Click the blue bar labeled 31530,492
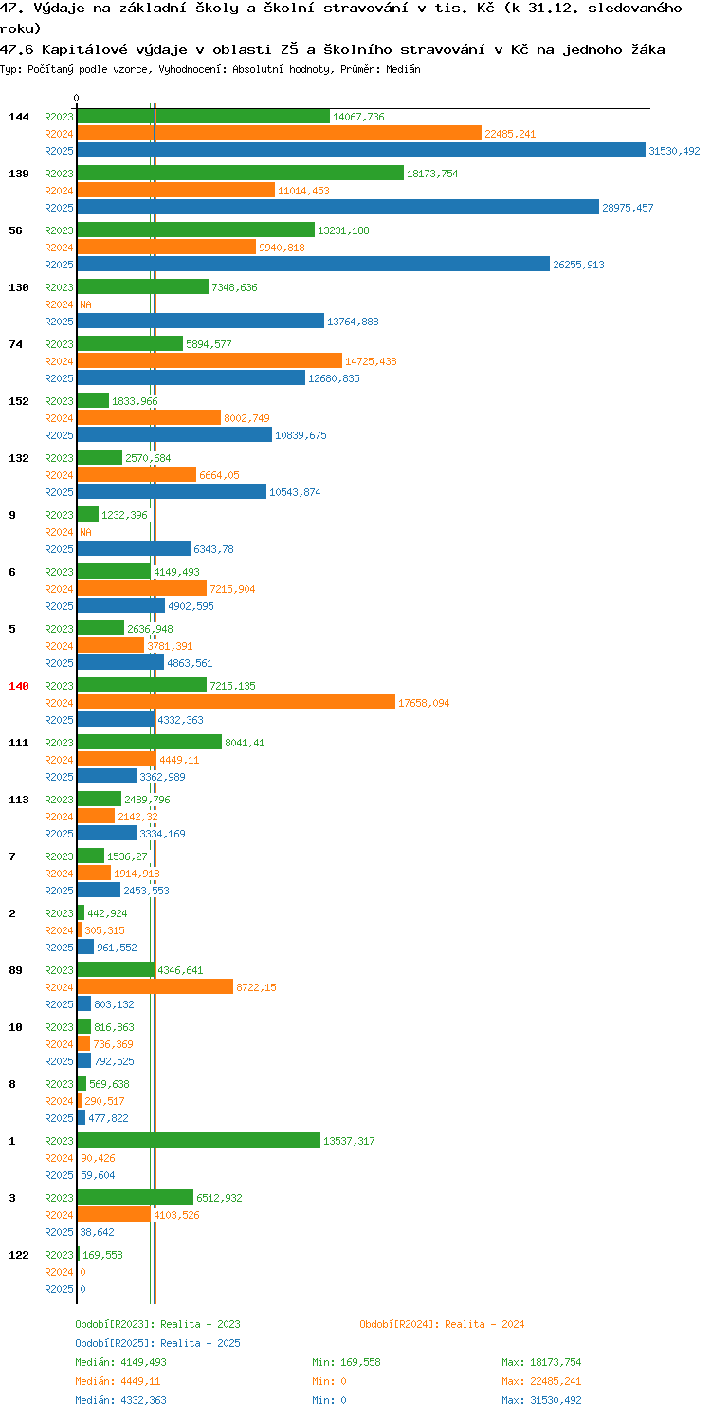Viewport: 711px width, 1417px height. click(x=361, y=151)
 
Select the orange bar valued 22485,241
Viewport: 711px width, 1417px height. click(x=279, y=134)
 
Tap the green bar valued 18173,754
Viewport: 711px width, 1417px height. click(x=241, y=174)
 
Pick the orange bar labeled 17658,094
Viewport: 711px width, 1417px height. click(x=236, y=703)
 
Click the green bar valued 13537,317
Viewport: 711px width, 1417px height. click(x=199, y=1141)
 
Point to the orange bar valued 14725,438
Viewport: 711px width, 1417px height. click(x=210, y=361)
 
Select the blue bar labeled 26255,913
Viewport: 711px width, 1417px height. click(x=313, y=265)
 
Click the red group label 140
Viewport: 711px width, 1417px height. click(x=19, y=686)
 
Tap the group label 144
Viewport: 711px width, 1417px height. click(x=19, y=117)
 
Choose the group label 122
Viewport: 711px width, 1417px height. click(x=19, y=1255)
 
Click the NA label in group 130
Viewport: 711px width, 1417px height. click(x=85, y=304)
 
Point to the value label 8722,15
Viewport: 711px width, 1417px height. click(x=256, y=987)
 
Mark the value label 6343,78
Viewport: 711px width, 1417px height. click(x=213, y=549)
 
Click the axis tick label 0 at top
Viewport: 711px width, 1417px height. click(x=77, y=98)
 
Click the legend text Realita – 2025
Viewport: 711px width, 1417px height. click(x=200, y=1343)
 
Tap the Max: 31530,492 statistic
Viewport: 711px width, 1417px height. click(x=541, y=1400)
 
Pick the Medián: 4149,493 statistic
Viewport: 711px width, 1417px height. click(x=120, y=1362)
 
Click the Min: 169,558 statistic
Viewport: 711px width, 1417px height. click(x=346, y=1362)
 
